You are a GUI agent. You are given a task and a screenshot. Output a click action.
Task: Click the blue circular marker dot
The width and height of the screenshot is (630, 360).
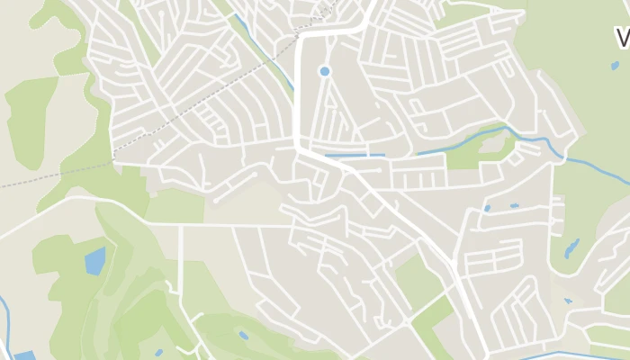324,70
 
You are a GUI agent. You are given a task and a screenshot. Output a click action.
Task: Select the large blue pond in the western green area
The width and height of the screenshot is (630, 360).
94,261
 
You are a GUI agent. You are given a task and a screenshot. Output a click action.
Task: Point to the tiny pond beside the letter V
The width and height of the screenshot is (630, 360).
615,65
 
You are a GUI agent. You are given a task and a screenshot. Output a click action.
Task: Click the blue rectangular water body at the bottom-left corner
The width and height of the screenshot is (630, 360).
24,355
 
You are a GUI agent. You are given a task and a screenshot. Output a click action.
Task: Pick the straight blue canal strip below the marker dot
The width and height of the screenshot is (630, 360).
355,156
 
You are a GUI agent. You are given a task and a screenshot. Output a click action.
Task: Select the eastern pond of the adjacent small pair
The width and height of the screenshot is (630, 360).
514,206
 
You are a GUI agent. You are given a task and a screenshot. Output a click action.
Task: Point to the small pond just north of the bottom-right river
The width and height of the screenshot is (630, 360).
568,301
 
